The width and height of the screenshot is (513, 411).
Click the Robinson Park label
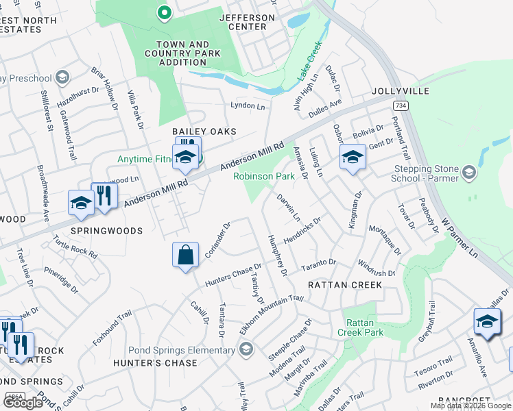264,176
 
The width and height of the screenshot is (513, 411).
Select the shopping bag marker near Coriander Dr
185,256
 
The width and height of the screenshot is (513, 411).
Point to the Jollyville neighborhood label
401,91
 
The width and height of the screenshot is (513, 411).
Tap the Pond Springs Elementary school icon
246,350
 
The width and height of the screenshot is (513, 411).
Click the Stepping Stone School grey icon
469,171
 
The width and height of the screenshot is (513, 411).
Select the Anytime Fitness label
145,159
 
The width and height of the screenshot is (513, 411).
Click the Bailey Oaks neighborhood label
204,131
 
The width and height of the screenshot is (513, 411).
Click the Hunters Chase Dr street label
234,275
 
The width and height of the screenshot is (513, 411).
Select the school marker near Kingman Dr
353,158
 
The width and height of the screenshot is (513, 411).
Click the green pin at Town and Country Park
164,12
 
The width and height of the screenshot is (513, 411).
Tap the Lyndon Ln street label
248,106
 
